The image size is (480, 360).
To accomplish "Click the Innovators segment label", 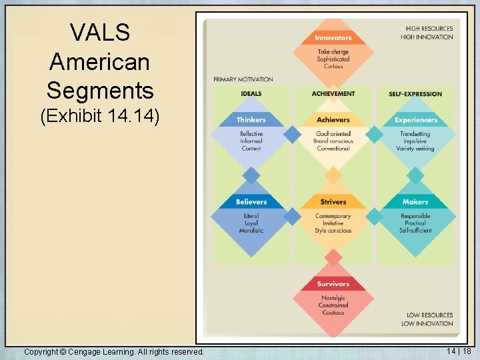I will pyautogui.click(x=333, y=38).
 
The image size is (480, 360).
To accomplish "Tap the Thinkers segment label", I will pyautogui.click(x=251, y=120).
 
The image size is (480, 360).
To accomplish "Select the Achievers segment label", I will pyautogui.click(x=333, y=120).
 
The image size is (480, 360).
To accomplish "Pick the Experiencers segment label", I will pyautogui.click(x=415, y=120).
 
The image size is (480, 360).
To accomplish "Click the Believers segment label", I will pyautogui.click(x=251, y=202).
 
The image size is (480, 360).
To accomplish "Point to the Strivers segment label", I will pyautogui.click(x=333, y=202).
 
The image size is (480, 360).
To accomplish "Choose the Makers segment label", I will pyautogui.click(x=415, y=202).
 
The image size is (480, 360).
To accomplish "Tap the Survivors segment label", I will pyautogui.click(x=333, y=284).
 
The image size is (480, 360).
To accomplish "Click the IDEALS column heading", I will pyautogui.click(x=251, y=94).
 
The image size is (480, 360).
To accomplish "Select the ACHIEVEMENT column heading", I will pyautogui.click(x=333, y=94).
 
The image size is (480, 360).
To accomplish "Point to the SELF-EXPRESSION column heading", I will pyautogui.click(x=415, y=94).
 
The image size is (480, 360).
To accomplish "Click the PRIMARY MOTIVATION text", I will pyautogui.click(x=243, y=79).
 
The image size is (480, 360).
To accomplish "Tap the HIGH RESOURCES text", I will pyautogui.click(x=429, y=29).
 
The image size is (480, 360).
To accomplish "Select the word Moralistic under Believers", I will pyautogui.click(x=251, y=231).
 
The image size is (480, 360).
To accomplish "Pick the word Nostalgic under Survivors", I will pyautogui.click(x=333, y=298).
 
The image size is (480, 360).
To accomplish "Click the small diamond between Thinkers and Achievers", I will pyautogui.click(x=292, y=135).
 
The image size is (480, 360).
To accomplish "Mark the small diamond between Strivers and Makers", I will pyautogui.click(x=375, y=217).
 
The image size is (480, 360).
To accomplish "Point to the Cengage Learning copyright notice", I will pyautogui.click(x=113, y=351).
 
